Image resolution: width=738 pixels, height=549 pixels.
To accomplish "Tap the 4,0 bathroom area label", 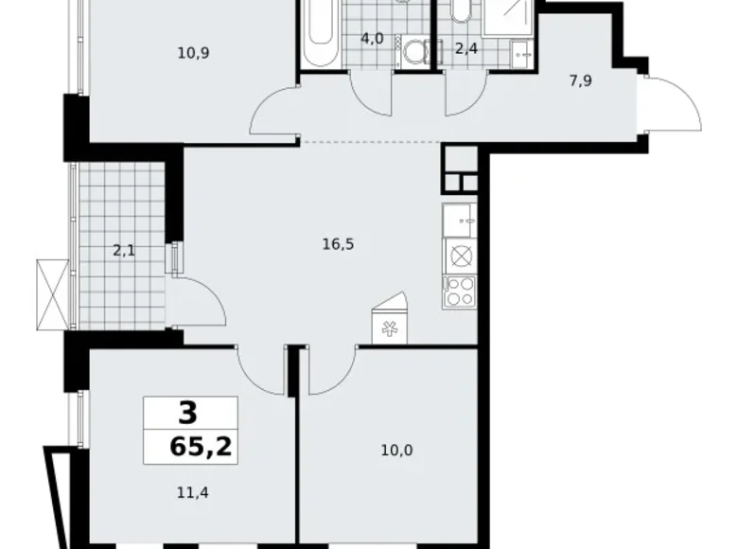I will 372,39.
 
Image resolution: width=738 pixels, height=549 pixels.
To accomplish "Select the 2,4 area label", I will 466,49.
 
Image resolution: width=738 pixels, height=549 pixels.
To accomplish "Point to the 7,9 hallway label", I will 581,81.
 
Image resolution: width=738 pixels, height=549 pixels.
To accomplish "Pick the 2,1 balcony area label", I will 124,251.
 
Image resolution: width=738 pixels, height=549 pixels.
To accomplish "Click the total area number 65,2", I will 189,445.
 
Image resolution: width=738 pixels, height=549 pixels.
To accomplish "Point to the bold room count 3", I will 189,413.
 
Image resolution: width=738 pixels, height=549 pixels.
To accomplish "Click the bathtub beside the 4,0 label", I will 318,33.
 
